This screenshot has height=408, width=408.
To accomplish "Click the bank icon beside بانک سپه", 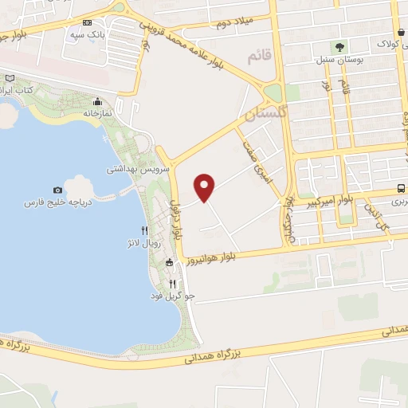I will coord(88,24).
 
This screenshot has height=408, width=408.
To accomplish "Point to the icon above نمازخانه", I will coord(98,101).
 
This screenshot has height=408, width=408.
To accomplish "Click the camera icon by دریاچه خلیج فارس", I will coord(57,190).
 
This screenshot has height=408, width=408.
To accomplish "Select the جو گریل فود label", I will coord(172,296).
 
